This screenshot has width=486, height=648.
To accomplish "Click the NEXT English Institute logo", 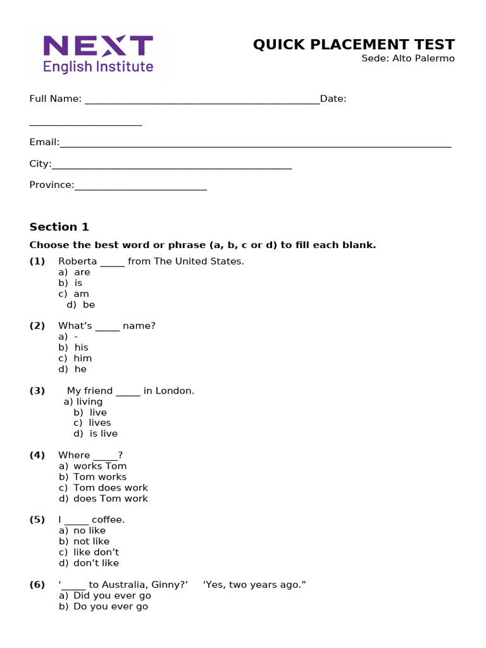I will coord(98,54).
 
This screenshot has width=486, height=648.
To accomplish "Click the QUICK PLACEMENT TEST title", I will coord(354,44).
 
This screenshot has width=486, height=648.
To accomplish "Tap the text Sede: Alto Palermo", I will coord(408,59).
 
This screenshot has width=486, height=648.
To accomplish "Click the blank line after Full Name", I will coord(202,100).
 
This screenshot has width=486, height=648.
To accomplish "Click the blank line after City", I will coord(171,165).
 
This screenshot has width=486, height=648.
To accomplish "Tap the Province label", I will coord(52,185).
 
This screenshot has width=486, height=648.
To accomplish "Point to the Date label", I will coord(333,99).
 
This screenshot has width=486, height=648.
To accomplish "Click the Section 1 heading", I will coord(59,227).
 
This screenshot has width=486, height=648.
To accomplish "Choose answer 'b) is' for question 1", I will coord(71,283).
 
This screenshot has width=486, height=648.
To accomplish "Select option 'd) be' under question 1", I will coord(81,304).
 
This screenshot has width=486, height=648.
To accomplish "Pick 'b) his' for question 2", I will coord(74,347).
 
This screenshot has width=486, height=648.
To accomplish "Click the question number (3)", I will coord(37,390).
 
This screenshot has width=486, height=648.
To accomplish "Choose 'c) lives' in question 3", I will coord(92,423).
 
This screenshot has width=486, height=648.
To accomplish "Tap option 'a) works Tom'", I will coord(93,466).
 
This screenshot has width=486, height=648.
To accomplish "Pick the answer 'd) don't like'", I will coord(89,563).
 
